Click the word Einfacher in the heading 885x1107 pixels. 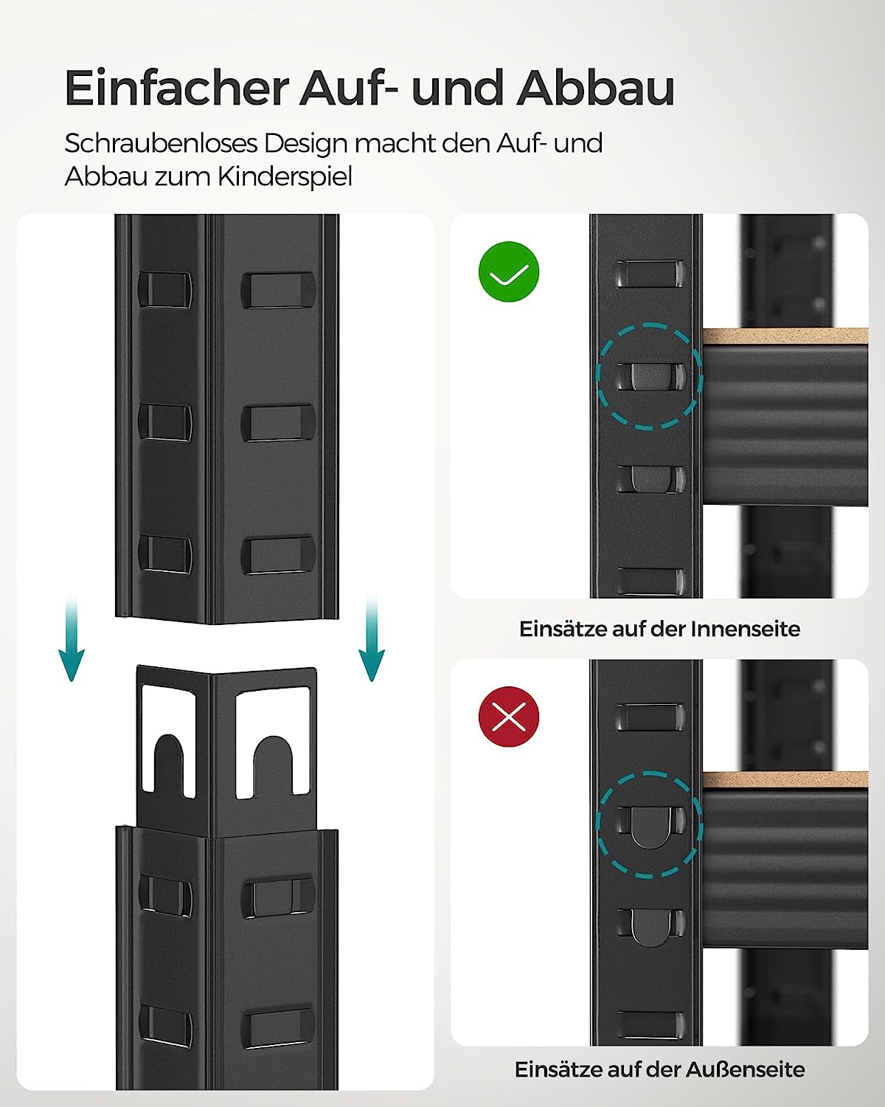click(176, 89)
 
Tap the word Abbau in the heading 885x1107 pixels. click(595, 89)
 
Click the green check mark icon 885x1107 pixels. click(509, 272)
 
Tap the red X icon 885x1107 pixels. click(509, 716)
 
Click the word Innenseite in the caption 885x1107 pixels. click(745, 630)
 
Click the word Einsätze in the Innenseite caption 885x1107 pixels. click(562, 630)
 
